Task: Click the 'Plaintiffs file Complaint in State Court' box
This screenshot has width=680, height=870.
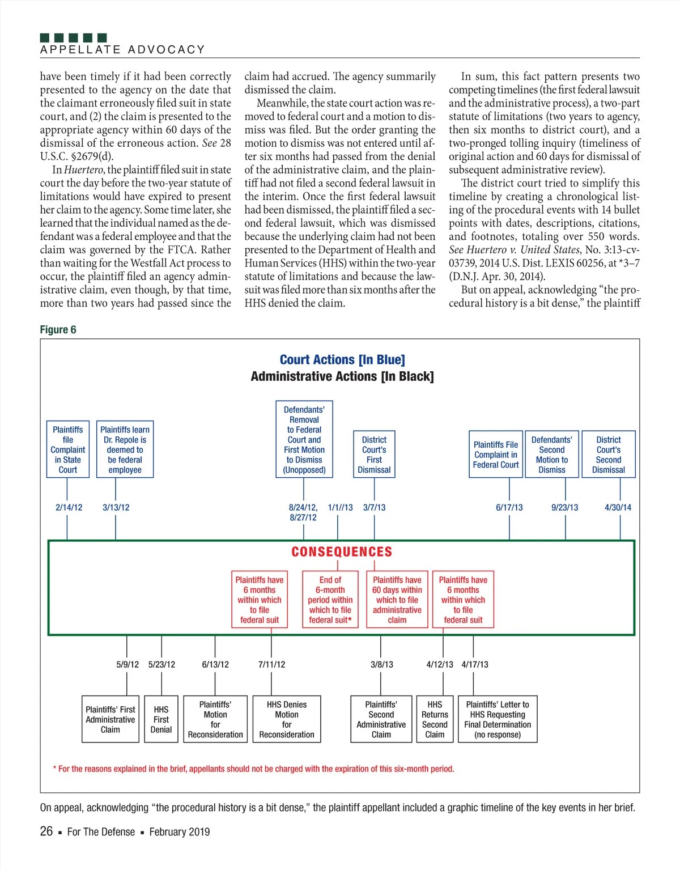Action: point(68,449)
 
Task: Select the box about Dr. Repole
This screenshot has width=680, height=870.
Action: point(125,449)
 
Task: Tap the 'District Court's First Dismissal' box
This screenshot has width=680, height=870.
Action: point(374,455)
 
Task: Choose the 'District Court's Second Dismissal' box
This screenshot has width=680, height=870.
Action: point(609,455)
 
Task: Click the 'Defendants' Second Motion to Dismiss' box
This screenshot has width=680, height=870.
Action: point(552,455)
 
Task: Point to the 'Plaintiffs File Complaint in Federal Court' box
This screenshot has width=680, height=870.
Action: point(496,455)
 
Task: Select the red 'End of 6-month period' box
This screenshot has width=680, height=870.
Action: point(330,600)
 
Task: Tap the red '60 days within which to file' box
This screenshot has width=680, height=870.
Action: point(397,600)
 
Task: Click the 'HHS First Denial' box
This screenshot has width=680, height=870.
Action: point(161,719)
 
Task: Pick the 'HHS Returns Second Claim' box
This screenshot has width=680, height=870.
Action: point(435,719)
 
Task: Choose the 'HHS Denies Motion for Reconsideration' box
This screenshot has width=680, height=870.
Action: point(287,719)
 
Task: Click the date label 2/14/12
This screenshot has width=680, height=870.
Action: point(69,507)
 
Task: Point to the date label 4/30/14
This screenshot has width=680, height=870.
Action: point(618,507)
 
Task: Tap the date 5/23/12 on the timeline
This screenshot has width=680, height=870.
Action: point(161,664)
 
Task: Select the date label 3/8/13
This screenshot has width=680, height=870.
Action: point(381,664)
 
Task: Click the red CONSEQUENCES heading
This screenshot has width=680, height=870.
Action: point(342,552)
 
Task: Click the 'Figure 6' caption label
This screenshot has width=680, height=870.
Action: point(58,330)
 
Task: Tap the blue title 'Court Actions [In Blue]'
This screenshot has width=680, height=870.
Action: point(342,360)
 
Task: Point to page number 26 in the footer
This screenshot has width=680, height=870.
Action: point(46,831)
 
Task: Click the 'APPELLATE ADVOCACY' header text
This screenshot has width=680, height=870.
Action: point(122,50)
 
